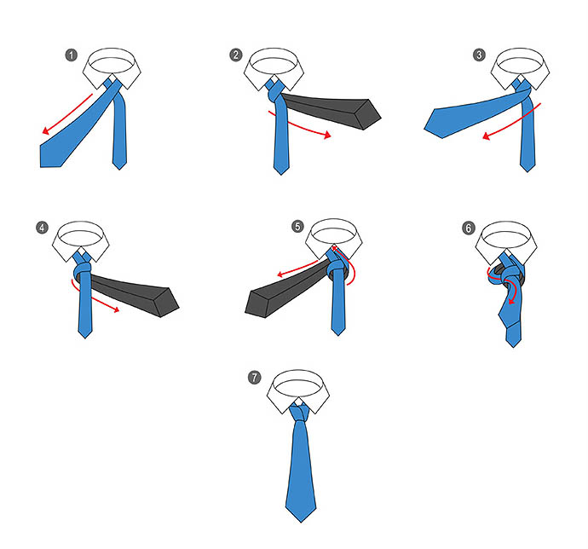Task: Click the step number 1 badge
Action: pos(72,55)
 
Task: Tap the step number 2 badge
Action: pos(235,55)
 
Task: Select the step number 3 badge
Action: pos(479,55)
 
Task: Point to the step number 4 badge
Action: pos(42,228)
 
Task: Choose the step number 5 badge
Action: pos(297,226)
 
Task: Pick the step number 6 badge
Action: pos(469,228)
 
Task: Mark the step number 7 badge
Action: pos(254,377)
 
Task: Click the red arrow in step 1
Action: pos(66,114)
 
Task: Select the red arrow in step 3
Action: pos(513,123)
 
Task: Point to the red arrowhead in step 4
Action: pos(116,309)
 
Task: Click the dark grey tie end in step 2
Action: pos(330,110)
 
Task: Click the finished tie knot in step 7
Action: pos(299,412)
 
